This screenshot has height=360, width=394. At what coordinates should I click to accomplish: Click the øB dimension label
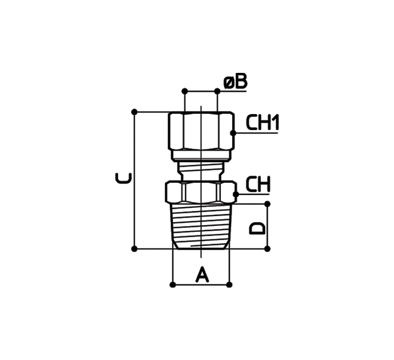[x=236, y=82]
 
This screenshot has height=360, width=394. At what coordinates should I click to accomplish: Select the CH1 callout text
[x=263, y=122]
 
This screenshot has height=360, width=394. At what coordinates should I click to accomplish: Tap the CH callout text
[x=258, y=184]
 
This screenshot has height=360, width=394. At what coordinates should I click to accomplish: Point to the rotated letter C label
[x=123, y=178]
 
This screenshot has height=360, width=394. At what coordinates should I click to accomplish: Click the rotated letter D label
[x=257, y=228]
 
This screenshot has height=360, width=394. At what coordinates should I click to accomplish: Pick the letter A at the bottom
[x=202, y=275]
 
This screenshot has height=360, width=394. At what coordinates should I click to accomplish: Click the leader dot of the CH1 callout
[x=233, y=133]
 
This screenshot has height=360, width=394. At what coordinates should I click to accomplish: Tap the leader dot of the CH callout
[x=236, y=194]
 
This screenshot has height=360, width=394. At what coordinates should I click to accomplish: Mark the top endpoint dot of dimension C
[x=134, y=112]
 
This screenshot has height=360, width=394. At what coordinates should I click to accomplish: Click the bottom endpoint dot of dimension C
[x=134, y=249]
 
